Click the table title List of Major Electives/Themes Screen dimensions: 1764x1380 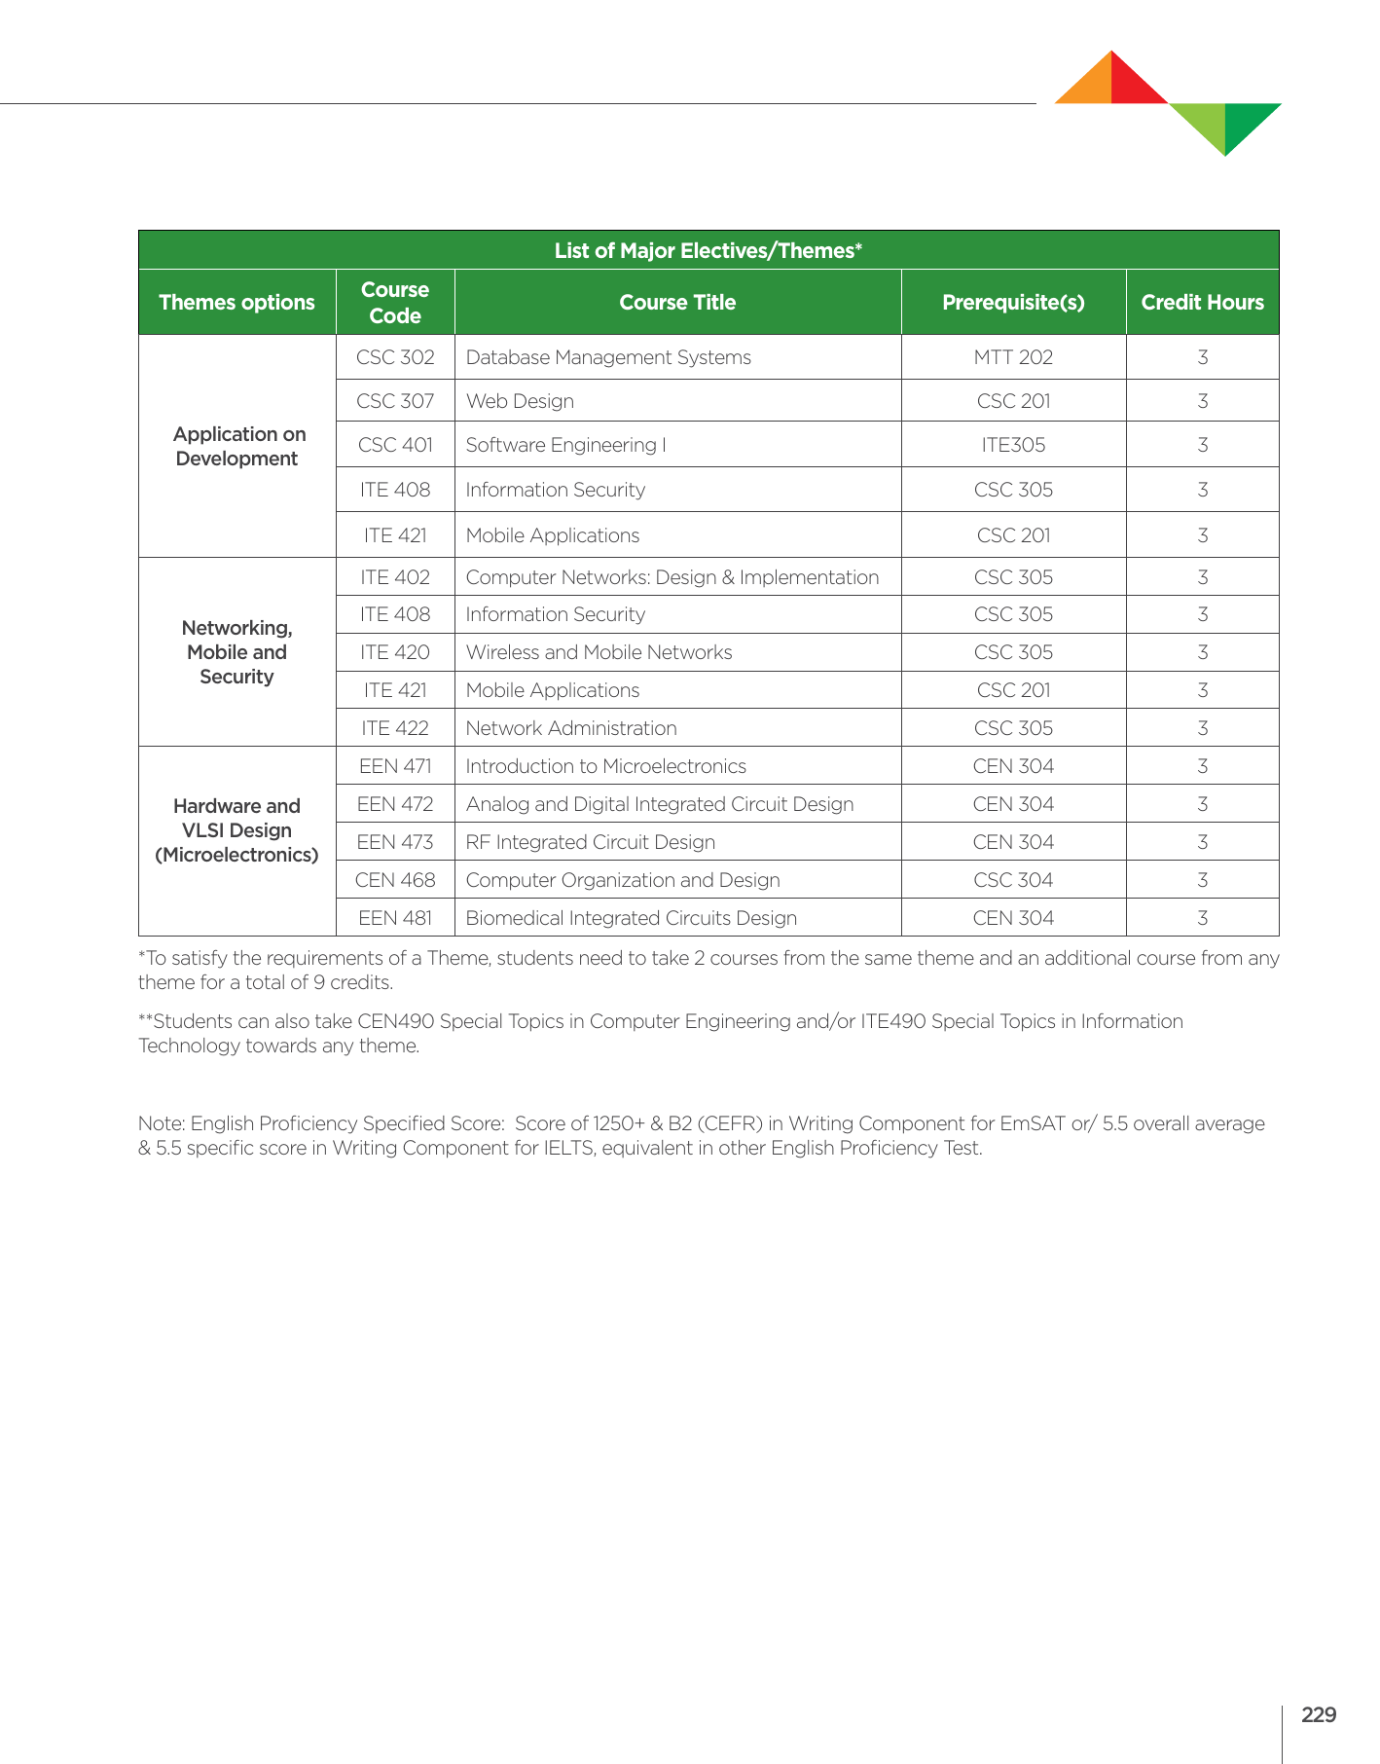tap(708, 251)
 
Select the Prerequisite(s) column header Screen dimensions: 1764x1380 tap(1013, 303)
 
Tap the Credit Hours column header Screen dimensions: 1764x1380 tap(1202, 303)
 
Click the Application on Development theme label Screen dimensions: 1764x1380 tap(238, 447)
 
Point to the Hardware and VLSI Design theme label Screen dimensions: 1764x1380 tap(236, 830)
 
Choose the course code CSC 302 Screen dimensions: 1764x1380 tap(395, 357)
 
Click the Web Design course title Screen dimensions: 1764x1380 tap(520, 401)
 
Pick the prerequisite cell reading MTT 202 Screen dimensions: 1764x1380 tap(1013, 357)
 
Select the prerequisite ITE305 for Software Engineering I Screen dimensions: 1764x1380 tap(1013, 445)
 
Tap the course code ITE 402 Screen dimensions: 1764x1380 tap(395, 577)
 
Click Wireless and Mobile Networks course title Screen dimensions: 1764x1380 tap(599, 652)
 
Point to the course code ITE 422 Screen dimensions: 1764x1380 tap(395, 728)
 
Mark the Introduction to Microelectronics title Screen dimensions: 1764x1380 tap(605, 766)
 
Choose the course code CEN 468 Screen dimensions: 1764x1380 tap(395, 880)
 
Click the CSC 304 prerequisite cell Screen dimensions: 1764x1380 tap(1013, 880)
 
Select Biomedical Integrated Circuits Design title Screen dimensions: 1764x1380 tap(631, 918)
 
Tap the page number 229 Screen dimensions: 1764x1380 tap(1318, 1715)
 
